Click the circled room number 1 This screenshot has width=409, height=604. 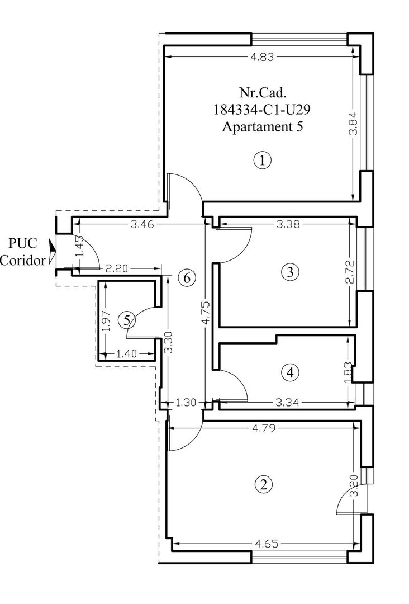pos(262,161)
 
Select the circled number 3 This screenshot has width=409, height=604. pos(289,273)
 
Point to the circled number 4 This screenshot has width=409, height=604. pos(289,372)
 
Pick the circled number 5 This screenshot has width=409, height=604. pos(128,320)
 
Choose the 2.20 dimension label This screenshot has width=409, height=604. pos(118,268)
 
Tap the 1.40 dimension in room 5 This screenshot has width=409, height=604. pos(128,354)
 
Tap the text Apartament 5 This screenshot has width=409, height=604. pos(263,126)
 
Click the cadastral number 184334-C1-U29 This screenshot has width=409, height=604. pos(263,109)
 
